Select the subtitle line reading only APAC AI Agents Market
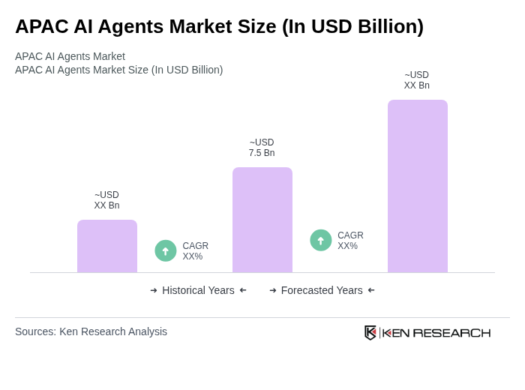tap(70, 56)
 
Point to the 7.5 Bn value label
tap(262, 148)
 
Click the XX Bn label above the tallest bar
tap(417, 80)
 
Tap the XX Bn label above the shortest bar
tap(106, 200)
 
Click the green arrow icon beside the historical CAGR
tap(166, 250)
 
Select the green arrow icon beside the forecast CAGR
tap(321, 240)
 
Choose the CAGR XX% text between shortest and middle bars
tap(195, 251)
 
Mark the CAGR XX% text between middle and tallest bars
tap(350, 241)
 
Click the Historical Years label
tap(198, 290)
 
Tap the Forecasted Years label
tap(322, 290)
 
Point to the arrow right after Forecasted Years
tap(371, 290)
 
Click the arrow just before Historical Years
tap(154, 290)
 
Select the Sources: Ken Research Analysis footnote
tap(91, 331)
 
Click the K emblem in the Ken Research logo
tap(370, 332)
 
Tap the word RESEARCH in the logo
tap(451, 333)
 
